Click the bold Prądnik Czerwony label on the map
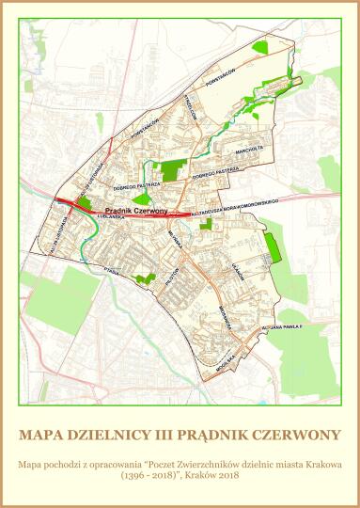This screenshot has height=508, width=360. tap(136, 212)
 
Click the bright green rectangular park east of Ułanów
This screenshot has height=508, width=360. tap(274, 246)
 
